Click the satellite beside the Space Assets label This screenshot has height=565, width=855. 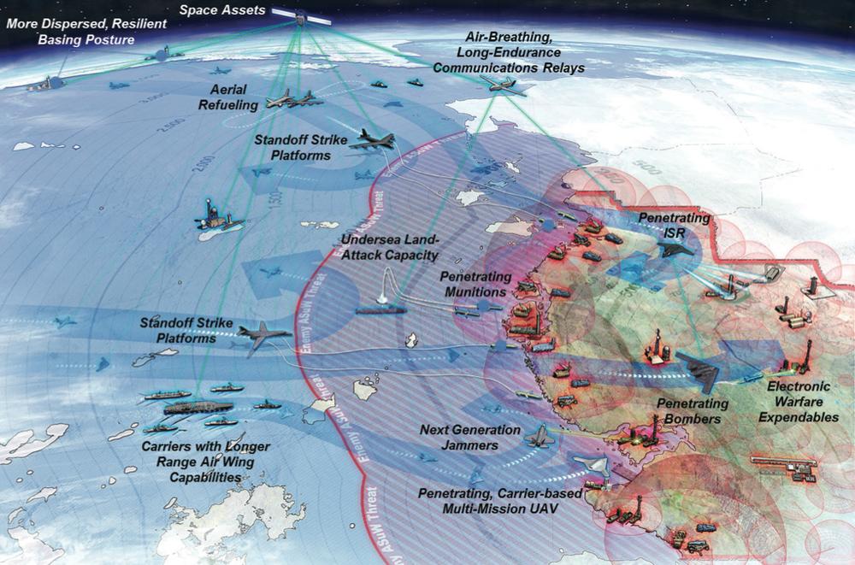point(301,14)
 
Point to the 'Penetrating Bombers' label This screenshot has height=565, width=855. point(693,410)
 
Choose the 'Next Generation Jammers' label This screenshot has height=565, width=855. point(469,437)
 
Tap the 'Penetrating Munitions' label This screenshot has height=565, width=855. point(475,284)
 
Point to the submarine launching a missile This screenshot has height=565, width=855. point(380,309)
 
